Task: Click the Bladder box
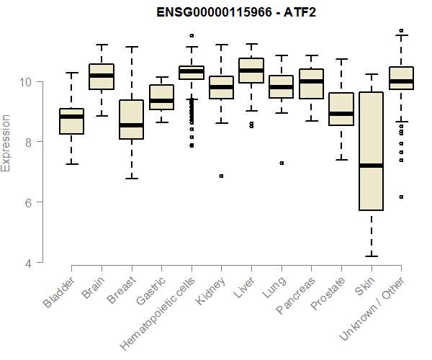click(x=71, y=121)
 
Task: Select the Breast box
click(x=131, y=120)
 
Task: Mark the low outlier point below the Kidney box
click(x=221, y=176)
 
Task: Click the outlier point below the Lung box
click(x=282, y=163)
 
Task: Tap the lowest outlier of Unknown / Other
click(x=401, y=197)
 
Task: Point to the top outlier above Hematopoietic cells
click(x=192, y=35)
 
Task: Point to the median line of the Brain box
click(x=101, y=76)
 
